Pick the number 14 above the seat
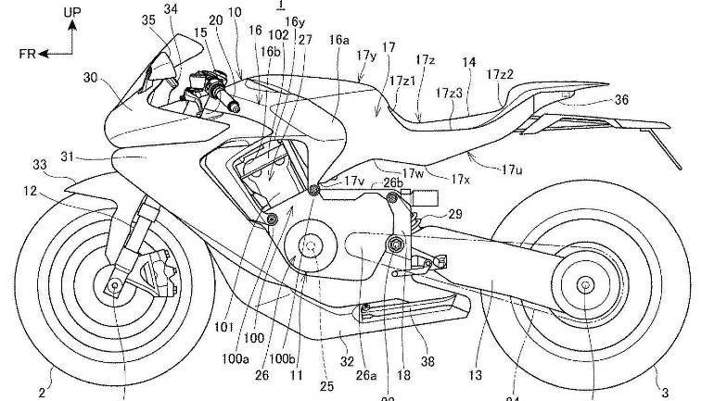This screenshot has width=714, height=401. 469,62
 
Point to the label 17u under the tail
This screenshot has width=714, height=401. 511,169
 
